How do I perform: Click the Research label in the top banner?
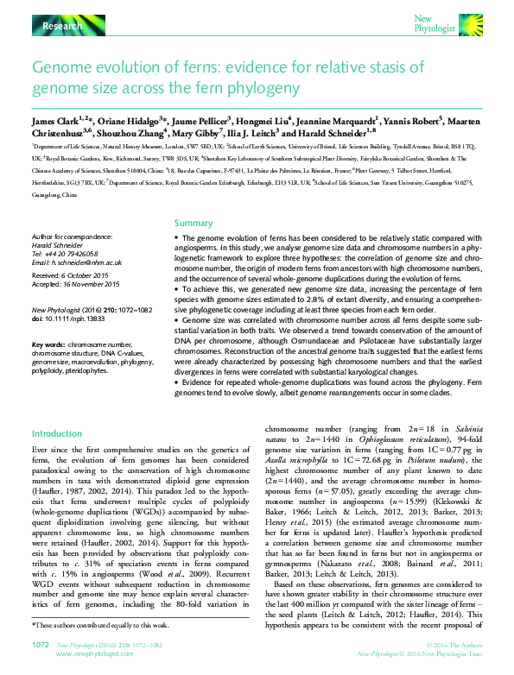62,27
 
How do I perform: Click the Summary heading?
193,223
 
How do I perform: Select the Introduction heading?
57,433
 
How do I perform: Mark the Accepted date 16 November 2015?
75,283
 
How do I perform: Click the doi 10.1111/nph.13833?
76,319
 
